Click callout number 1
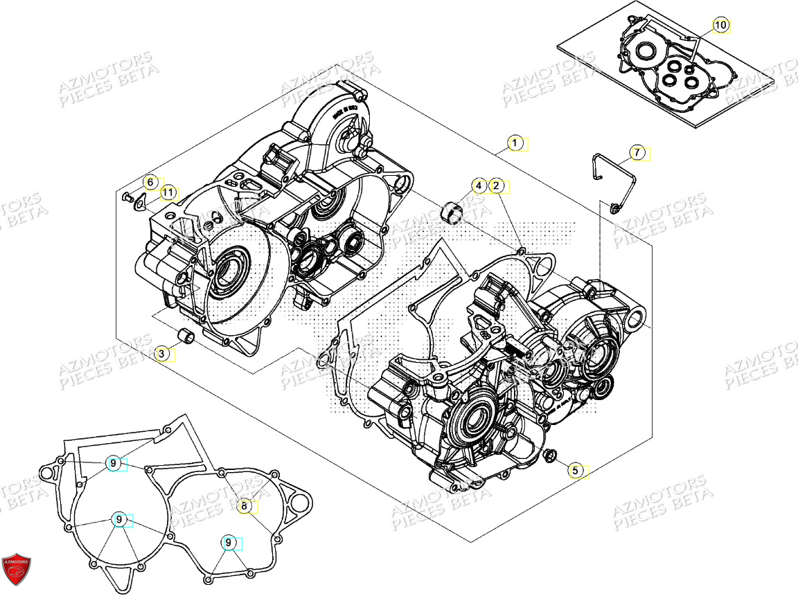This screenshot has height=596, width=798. click(x=515, y=144)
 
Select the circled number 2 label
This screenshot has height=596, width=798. click(x=496, y=186)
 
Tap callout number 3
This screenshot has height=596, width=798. click(x=161, y=354)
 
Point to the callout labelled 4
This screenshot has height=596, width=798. click(x=478, y=186)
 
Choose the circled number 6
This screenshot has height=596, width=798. click(x=150, y=182)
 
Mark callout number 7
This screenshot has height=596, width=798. click(x=637, y=152)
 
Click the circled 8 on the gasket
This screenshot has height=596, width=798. click(x=244, y=506)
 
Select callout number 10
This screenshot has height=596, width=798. click(x=720, y=26)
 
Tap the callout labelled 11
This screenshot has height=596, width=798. click(x=167, y=192)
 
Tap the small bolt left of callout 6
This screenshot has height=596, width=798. click(x=127, y=197)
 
